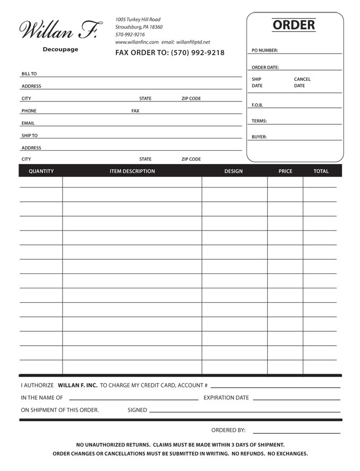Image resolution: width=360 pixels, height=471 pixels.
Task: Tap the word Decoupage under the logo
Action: (61, 49)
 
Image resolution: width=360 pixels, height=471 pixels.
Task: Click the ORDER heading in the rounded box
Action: (294, 25)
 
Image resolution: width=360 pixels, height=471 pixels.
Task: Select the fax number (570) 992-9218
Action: (198, 53)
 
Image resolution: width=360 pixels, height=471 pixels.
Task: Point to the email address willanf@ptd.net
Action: (193, 42)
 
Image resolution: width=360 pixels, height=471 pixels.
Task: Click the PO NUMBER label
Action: (264, 50)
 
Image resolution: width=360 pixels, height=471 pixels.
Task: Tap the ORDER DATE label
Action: (265, 67)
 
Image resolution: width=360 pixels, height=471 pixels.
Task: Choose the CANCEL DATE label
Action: (302, 82)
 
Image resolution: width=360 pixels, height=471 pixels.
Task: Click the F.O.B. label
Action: (257, 105)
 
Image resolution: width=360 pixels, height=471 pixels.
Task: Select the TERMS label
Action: (259, 121)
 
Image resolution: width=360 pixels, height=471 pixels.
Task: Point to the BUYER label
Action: (259, 137)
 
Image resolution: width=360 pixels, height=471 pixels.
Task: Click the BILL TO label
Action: (29, 74)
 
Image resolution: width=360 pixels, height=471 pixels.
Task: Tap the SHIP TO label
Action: (29, 135)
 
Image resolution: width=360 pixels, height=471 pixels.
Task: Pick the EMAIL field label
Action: (28, 123)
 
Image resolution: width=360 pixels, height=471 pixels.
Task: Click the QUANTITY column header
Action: (41, 171)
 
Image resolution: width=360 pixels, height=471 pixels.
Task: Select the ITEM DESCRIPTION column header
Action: (132, 171)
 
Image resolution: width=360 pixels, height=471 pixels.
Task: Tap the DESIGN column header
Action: (234, 171)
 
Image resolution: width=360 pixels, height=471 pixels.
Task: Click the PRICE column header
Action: (285, 171)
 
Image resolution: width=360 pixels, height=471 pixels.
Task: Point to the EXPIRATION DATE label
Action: (226, 398)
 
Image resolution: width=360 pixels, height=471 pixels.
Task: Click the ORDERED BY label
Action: (228, 430)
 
